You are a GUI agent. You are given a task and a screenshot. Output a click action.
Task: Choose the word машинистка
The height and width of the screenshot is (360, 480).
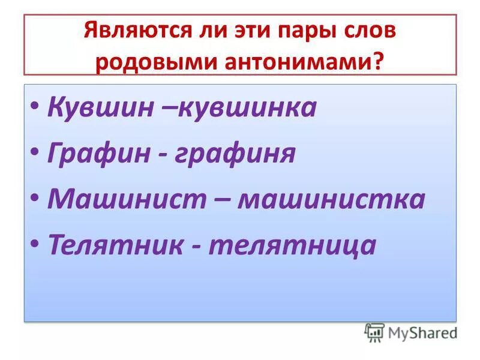[x=331, y=199]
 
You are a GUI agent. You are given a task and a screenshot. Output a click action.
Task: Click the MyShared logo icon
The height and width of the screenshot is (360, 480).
[x=375, y=332]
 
